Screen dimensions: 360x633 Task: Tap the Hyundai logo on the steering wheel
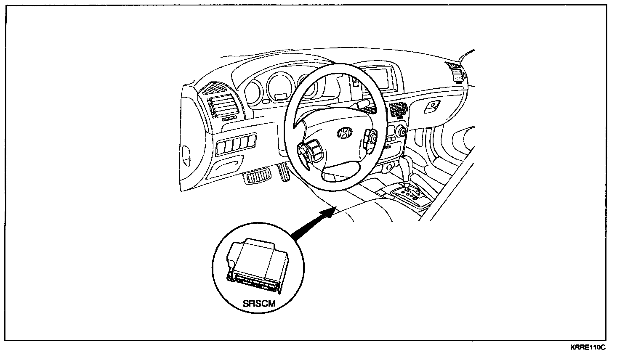(344, 132)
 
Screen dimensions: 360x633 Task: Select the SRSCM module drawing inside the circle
(256, 265)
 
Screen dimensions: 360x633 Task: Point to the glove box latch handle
(432, 106)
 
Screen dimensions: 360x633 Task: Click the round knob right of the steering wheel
(400, 131)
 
